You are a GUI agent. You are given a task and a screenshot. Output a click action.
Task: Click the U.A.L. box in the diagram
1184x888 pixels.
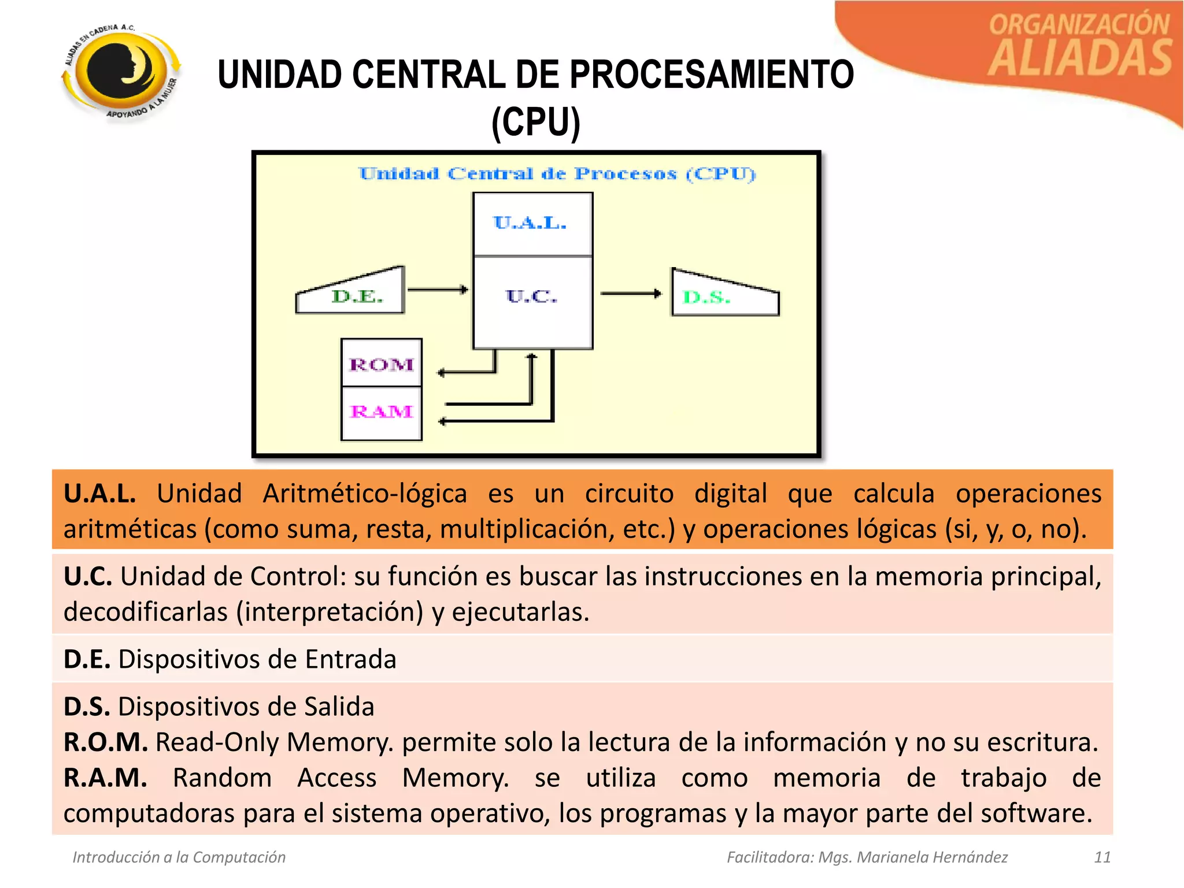point(532,224)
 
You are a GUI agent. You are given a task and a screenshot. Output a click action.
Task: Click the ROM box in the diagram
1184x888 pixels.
point(382,364)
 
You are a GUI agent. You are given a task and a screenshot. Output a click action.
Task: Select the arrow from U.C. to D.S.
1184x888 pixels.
point(631,294)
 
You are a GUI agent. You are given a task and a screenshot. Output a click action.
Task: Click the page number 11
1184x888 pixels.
point(1102,857)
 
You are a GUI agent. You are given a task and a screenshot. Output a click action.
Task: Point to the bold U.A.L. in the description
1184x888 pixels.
point(99,494)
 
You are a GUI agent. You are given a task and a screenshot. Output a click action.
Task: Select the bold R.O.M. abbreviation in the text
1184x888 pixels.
point(106,742)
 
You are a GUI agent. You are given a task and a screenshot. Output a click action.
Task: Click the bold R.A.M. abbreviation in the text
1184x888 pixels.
point(105,778)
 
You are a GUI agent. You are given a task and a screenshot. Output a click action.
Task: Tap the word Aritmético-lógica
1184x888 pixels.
point(365,494)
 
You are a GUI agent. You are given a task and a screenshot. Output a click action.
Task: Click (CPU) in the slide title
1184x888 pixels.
point(535,123)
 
